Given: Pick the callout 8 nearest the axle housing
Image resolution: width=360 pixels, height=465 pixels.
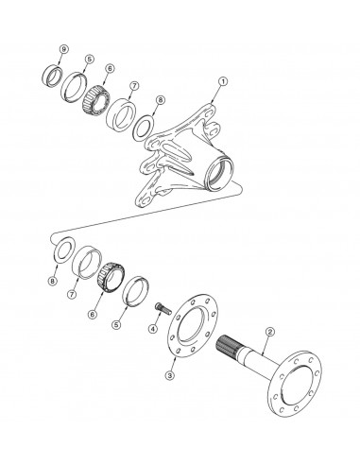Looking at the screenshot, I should [x=161, y=99].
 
